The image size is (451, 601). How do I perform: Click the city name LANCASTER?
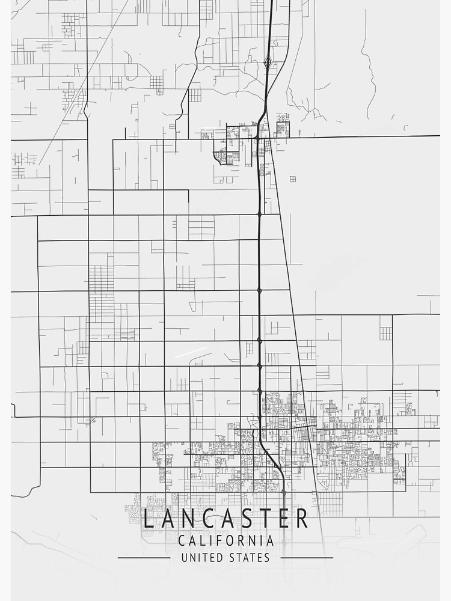tap(226, 519)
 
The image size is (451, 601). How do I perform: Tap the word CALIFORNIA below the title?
tap(226, 540)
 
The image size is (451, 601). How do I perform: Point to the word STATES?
tap(250, 558)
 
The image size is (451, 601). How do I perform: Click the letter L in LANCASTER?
tap(149, 519)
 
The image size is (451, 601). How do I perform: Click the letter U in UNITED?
tap(184, 558)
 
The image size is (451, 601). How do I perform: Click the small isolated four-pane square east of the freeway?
tap(292, 178)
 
